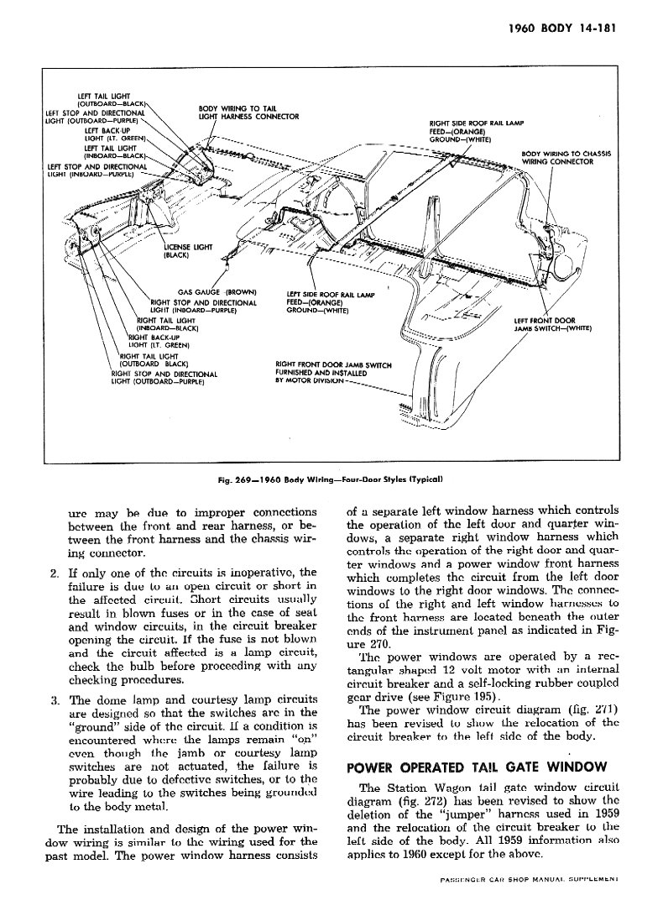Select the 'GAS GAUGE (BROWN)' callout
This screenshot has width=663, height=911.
point(217,292)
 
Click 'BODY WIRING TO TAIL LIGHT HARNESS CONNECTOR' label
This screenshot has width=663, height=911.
point(248,113)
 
